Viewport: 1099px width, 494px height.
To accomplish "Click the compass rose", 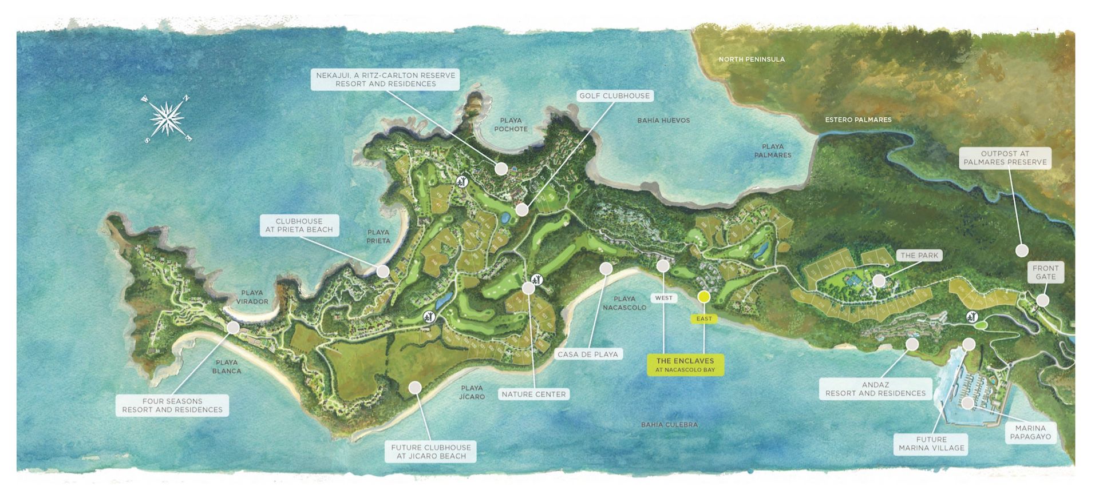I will point(167,119).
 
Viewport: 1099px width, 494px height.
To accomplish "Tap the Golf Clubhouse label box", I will point(614,95).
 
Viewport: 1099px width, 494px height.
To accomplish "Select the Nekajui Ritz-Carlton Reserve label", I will point(385,79).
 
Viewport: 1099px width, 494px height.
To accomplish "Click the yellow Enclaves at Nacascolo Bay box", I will point(685,365).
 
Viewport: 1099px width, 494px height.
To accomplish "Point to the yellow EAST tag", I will point(704,318).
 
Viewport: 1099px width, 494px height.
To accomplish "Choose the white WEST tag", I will point(663,298).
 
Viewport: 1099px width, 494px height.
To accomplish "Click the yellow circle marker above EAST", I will point(704,297).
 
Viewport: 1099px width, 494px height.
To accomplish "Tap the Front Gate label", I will point(1045,272).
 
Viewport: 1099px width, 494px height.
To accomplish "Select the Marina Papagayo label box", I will point(1030,432).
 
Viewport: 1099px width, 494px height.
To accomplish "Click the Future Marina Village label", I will point(931,444).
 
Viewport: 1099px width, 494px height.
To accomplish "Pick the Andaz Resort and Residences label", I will point(875,389).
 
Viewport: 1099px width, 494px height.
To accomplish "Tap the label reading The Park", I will point(919,256).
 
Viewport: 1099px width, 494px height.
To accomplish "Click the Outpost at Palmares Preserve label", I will point(1005,158).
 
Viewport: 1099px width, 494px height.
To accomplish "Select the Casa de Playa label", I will point(587,354).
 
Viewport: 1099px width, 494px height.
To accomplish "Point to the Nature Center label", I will point(533,394).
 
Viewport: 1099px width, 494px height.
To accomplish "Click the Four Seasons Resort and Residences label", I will point(172,405).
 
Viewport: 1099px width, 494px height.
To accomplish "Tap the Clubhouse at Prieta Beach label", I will point(299,225).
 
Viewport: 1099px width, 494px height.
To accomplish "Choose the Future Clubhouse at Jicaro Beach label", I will point(431,452).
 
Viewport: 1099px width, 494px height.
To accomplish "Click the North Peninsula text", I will point(752,59).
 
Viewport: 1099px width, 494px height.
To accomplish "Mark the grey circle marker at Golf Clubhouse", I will point(521,210).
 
